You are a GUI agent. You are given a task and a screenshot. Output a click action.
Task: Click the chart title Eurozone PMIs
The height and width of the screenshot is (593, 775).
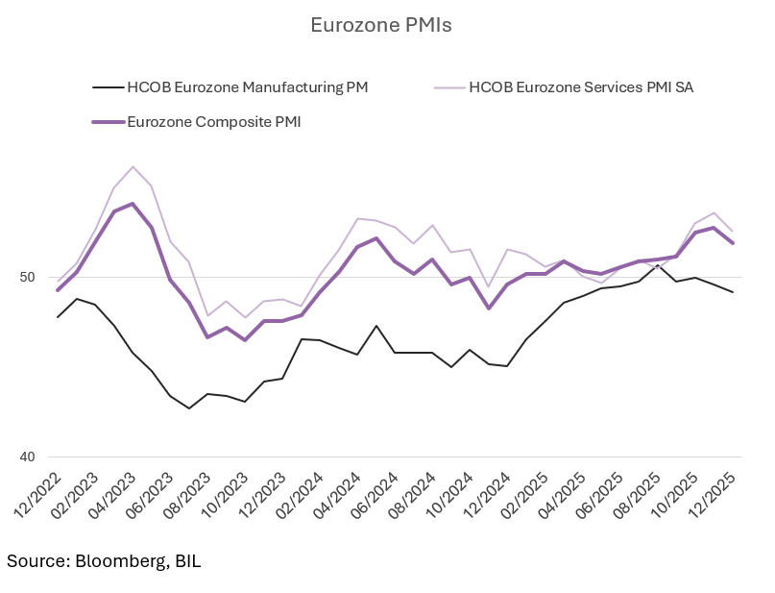[380, 25]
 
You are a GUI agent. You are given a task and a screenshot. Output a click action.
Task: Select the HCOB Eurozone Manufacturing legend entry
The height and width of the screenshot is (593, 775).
[247, 87]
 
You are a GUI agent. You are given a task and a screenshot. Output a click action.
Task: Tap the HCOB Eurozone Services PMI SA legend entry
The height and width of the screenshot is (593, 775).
[580, 87]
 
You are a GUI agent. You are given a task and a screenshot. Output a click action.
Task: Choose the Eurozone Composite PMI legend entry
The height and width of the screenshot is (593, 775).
[213, 121]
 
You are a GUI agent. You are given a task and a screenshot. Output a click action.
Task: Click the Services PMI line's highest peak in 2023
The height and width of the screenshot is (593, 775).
[133, 166]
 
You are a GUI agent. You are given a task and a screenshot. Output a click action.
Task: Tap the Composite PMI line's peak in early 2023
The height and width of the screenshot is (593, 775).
[133, 204]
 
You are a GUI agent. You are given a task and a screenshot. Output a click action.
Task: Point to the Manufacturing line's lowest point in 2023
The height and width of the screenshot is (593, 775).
[189, 408]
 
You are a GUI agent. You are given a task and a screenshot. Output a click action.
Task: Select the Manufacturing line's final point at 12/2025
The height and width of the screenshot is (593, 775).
[733, 292]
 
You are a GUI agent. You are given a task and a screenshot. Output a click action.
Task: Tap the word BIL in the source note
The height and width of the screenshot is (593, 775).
[187, 560]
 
